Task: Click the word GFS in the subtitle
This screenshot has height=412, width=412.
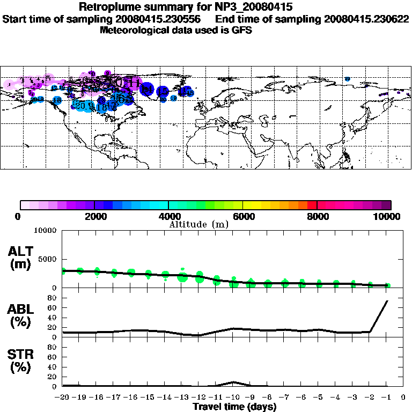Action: (x=242, y=30)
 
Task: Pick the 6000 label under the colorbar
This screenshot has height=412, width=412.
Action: (x=243, y=216)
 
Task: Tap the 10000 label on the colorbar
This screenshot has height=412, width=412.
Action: (x=387, y=216)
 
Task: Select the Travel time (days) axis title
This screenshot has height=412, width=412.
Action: (x=234, y=407)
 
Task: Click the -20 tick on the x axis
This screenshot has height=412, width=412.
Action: (x=63, y=398)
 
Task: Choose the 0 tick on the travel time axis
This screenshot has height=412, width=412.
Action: (x=403, y=398)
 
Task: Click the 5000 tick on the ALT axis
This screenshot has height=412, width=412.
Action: (x=48, y=260)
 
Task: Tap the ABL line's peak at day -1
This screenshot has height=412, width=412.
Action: (x=387, y=301)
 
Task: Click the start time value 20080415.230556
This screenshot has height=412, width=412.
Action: (x=164, y=19)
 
